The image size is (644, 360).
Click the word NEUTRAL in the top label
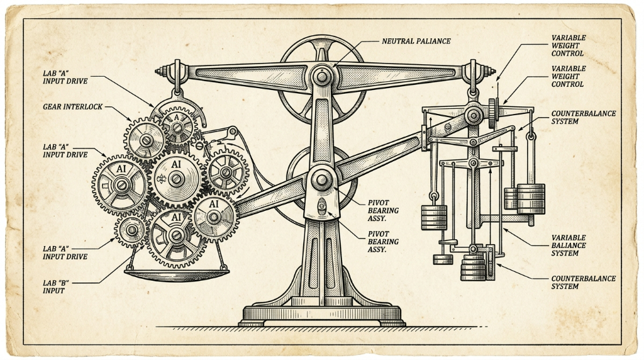tap(397, 41)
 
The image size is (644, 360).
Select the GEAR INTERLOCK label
tap(73, 107)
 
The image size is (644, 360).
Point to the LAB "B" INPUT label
tap(55, 286)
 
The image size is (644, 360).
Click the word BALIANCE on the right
tap(569, 245)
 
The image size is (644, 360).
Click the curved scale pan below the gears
tap(177, 274)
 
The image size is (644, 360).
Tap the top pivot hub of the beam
tap(321, 76)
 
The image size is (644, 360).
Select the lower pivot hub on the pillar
tap(321, 179)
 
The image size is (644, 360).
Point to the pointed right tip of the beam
tap(494, 71)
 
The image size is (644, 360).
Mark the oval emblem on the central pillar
tap(322, 205)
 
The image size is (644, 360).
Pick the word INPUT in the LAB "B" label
tap(54, 291)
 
